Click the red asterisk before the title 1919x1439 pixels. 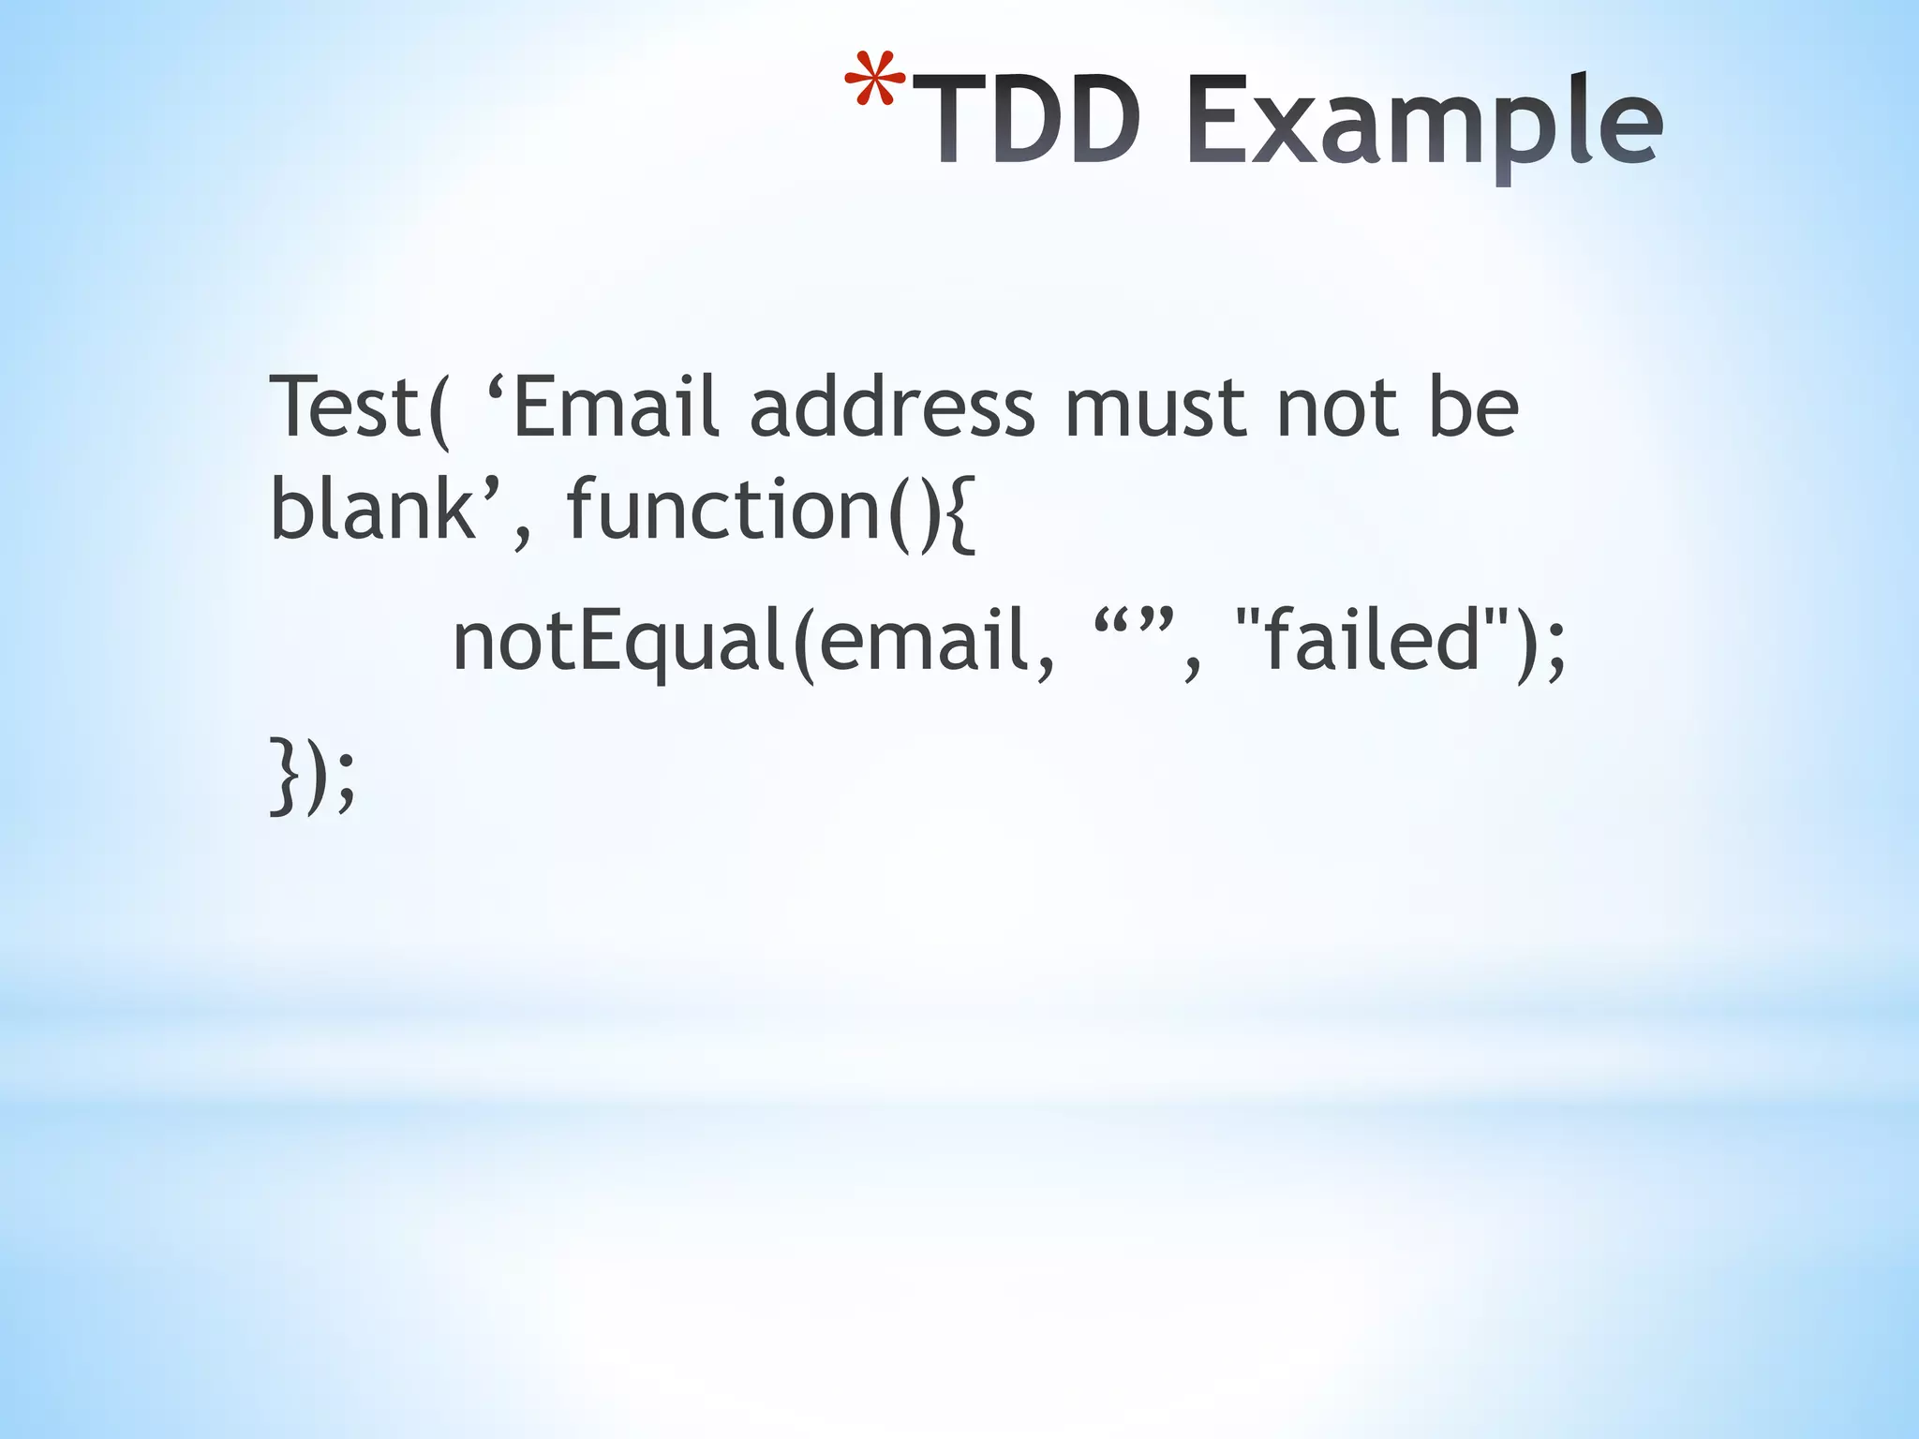point(874,82)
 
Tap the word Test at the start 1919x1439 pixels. point(343,407)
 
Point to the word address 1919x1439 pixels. point(892,407)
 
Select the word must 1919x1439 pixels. point(1155,408)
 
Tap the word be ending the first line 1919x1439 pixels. point(1472,407)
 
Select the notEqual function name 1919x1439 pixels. point(618,643)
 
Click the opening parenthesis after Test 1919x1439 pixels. point(437,410)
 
